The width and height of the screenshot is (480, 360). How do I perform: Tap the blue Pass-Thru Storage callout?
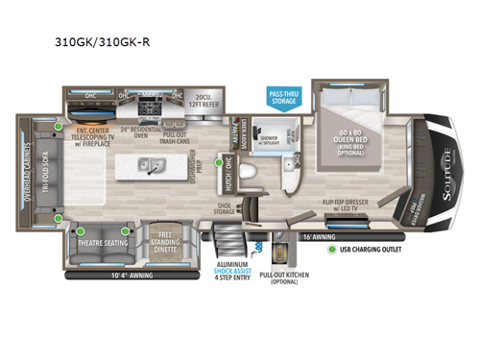(x=284, y=92)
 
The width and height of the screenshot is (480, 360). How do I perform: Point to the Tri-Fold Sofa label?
(x=44, y=170)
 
